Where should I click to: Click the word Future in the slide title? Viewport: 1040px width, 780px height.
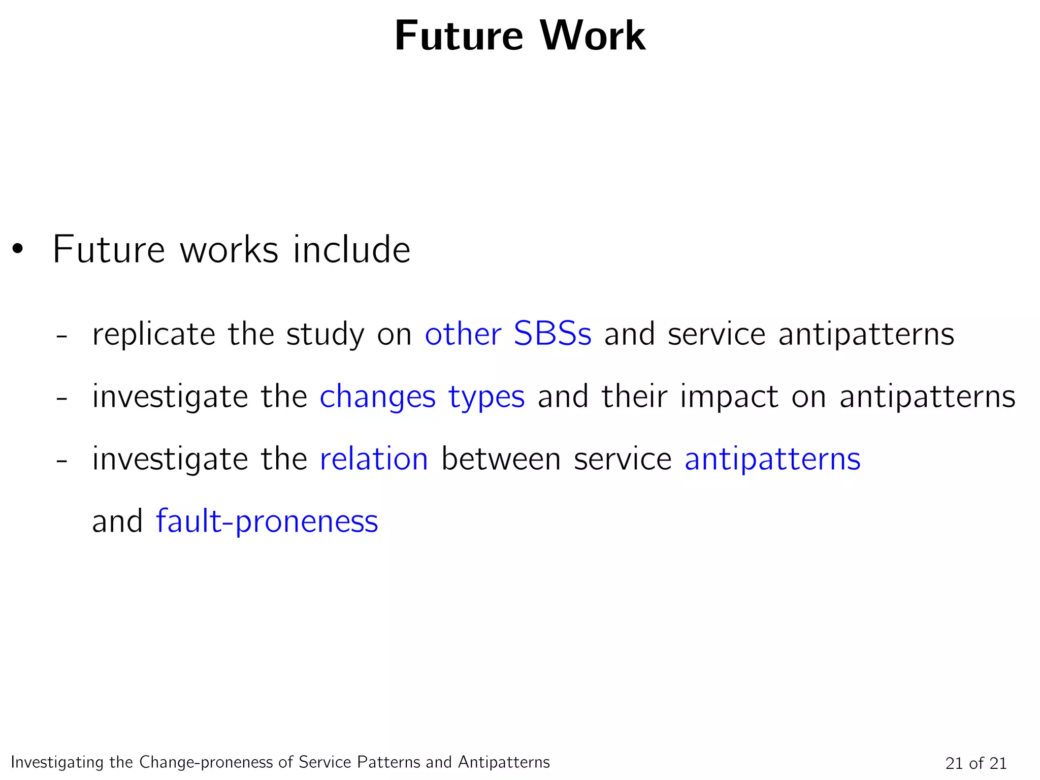pyautogui.click(x=458, y=37)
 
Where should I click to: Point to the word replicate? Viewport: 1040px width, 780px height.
pyautogui.click(x=153, y=335)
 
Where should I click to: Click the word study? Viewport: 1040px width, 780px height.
pyautogui.click(x=325, y=335)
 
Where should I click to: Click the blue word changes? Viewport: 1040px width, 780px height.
pyautogui.click(x=377, y=398)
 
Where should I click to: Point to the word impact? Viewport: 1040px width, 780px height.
pyautogui.click(x=729, y=398)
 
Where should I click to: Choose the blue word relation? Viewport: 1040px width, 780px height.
pyautogui.click(x=374, y=459)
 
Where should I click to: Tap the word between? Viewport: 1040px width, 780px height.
pyautogui.click(x=501, y=459)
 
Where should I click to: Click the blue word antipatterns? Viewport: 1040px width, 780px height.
pyautogui.click(x=772, y=460)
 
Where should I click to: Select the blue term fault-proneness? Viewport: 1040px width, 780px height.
pyautogui.click(x=267, y=522)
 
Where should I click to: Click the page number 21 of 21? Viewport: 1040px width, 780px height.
pyautogui.click(x=976, y=763)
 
